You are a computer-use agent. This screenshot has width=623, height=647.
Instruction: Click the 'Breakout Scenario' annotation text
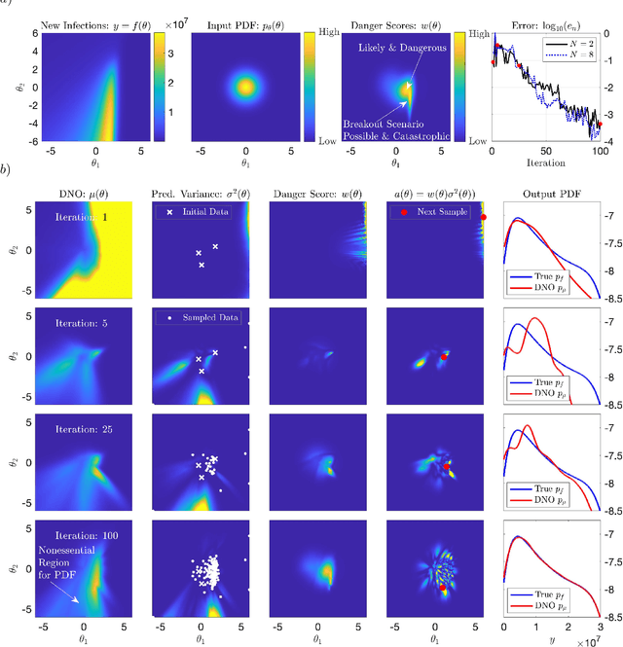[x=397, y=125]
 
